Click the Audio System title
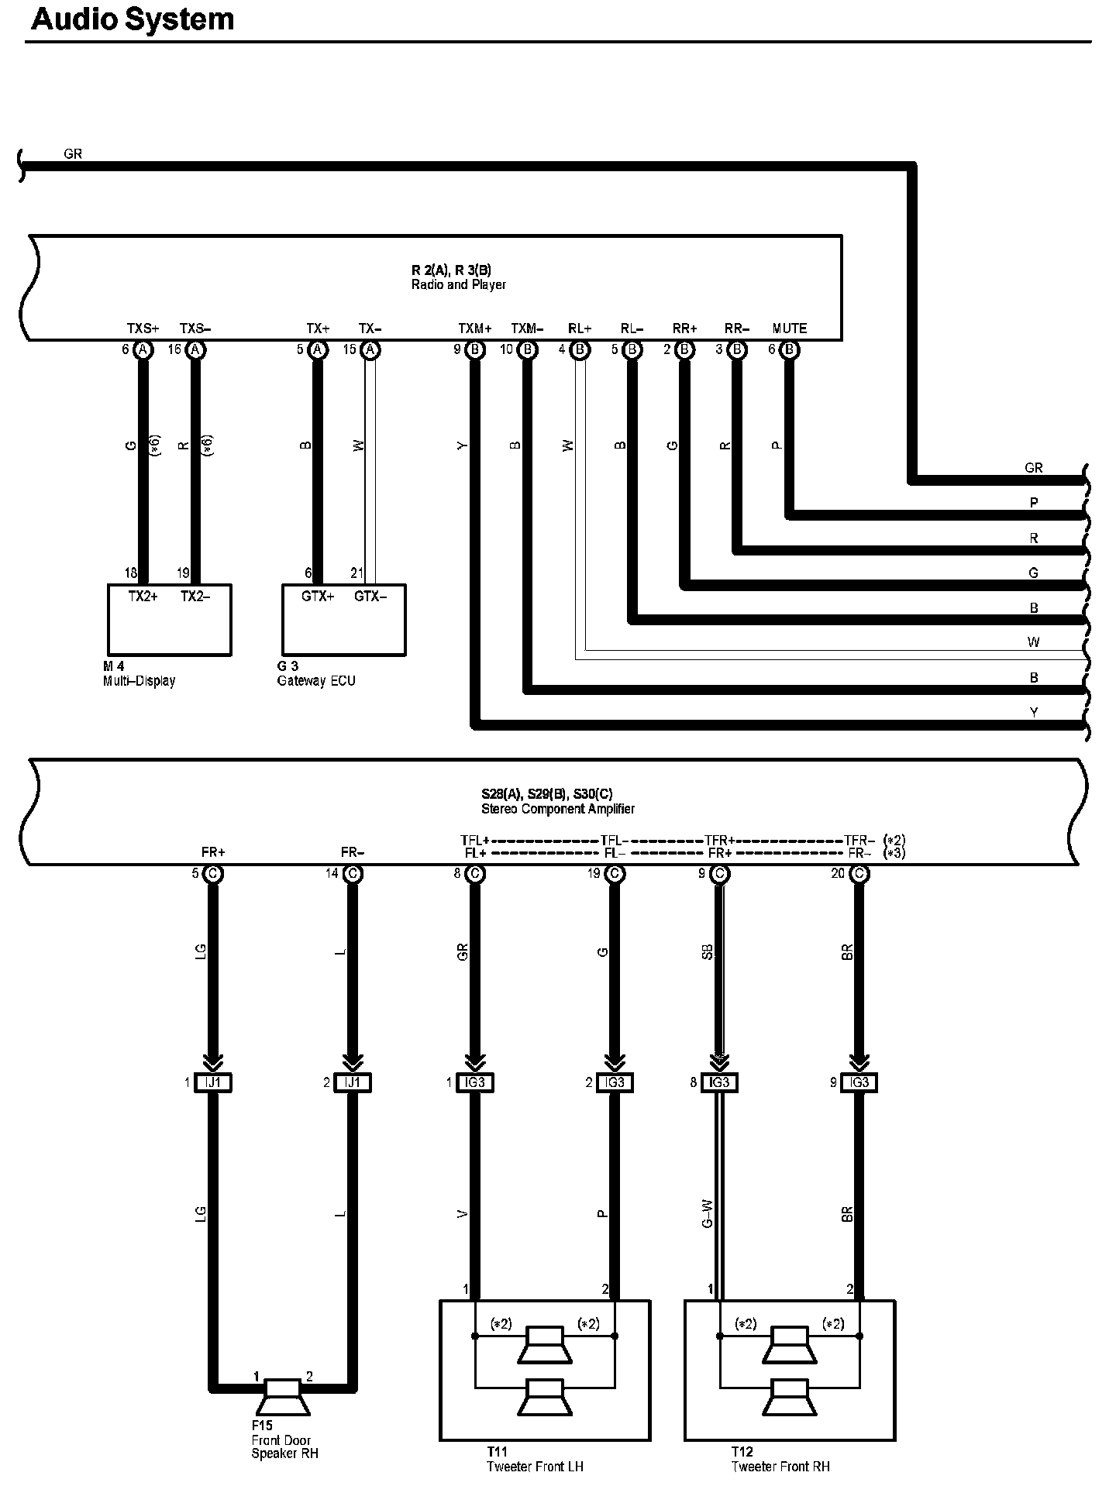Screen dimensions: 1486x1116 coord(133,19)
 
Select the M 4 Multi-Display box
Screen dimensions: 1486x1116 coord(169,620)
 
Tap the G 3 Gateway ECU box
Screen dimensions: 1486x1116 coord(343,620)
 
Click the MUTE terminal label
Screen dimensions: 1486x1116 coord(789,329)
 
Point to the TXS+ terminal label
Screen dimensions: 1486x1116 coord(143,329)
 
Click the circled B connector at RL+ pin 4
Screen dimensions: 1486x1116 coord(580,350)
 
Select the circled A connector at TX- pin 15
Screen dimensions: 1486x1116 coord(371,350)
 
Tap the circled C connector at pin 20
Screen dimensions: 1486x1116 coord(859,874)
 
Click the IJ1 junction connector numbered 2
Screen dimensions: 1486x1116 coord(353,1082)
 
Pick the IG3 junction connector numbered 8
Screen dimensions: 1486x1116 coord(719,1082)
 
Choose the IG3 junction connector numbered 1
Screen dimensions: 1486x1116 coord(475,1082)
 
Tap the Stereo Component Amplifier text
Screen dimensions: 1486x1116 coord(558,809)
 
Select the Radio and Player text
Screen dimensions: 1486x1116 coord(459,285)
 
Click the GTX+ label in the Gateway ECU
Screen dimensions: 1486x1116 coord(318,597)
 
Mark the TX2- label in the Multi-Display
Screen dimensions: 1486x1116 coord(195,597)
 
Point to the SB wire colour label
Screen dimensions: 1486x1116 coord(707,952)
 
